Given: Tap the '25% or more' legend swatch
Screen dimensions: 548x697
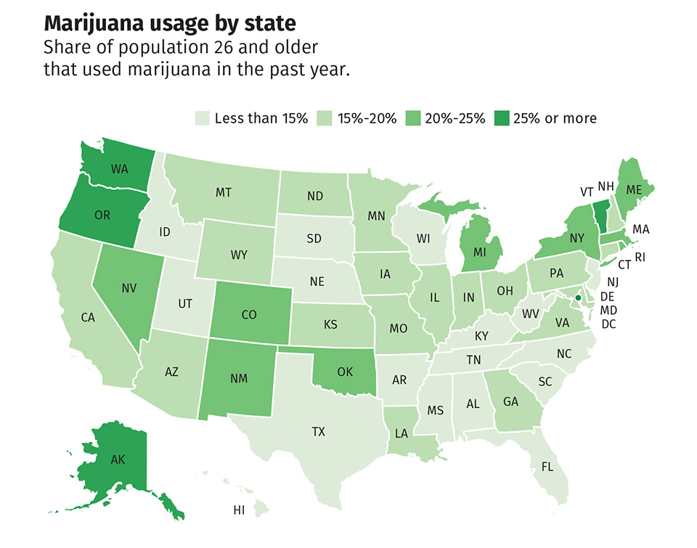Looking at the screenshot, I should pyautogui.click(x=502, y=118).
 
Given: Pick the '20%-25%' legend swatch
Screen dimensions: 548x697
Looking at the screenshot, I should pyautogui.click(x=413, y=118).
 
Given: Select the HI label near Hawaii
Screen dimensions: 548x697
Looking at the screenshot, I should pyautogui.click(x=239, y=510).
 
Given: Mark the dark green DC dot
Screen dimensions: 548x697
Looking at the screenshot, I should pyautogui.click(x=578, y=298).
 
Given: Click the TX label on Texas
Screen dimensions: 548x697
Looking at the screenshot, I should pyautogui.click(x=318, y=432).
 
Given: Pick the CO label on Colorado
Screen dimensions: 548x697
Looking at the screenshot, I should pyautogui.click(x=249, y=315).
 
